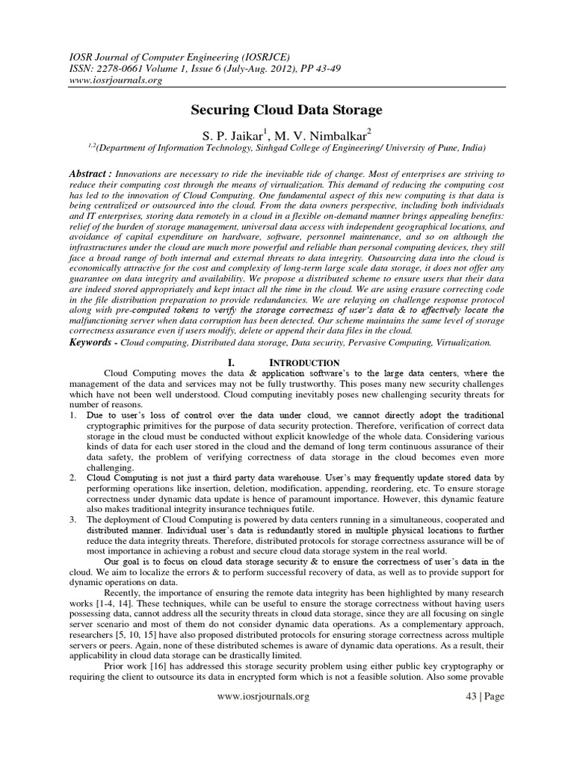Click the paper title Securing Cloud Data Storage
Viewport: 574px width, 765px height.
287,111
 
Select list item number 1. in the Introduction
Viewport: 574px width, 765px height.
72,415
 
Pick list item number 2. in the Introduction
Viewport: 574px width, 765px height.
72,477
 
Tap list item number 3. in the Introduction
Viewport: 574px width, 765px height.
72,518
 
